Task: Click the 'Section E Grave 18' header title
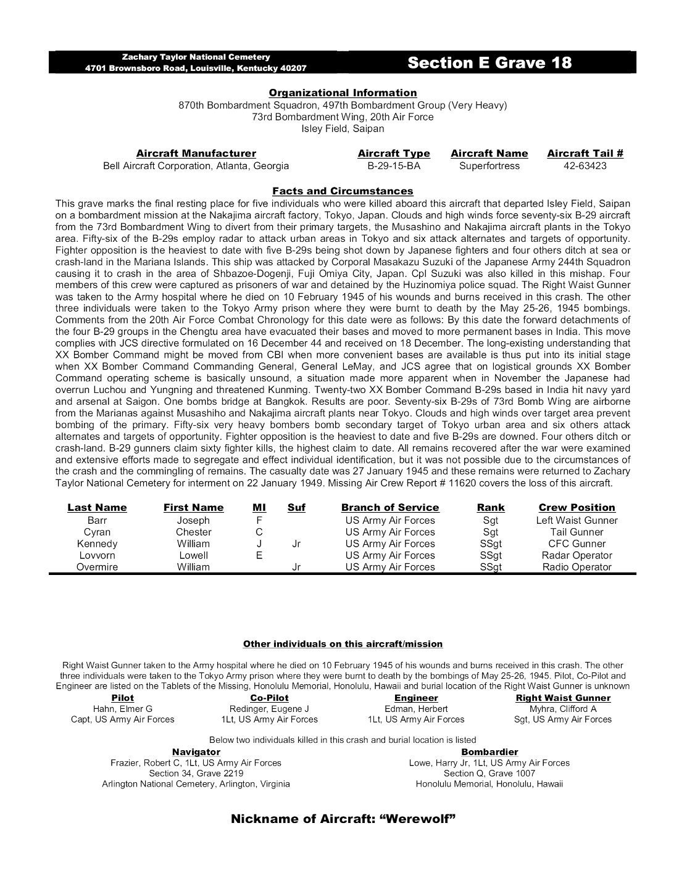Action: (x=489, y=63)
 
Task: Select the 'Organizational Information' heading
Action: (x=343, y=93)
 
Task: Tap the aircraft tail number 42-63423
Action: (x=585, y=166)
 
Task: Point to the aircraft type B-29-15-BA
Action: (x=393, y=166)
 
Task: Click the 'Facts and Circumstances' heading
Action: (x=343, y=191)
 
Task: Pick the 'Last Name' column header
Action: (x=97, y=508)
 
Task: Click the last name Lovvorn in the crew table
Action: (x=97, y=555)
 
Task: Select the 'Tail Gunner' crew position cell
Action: (x=577, y=532)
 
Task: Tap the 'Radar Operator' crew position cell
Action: (x=577, y=555)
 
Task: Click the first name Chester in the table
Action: (x=193, y=532)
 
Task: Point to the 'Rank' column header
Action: (x=491, y=508)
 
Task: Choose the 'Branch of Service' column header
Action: (x=390, y=508)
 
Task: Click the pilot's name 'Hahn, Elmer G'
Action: (x=122, y=709)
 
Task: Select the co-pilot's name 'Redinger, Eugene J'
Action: (x=269, y=709)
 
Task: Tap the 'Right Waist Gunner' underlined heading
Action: (x=563, y=698)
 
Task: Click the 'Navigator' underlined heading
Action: (x=196, y=752)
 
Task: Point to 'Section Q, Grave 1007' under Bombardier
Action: (x=489, y=774)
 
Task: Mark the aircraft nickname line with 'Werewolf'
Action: (x=343, y=819)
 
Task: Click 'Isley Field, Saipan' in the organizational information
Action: (x=343, y=129)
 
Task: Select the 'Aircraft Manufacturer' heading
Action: (x=196, y=154)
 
